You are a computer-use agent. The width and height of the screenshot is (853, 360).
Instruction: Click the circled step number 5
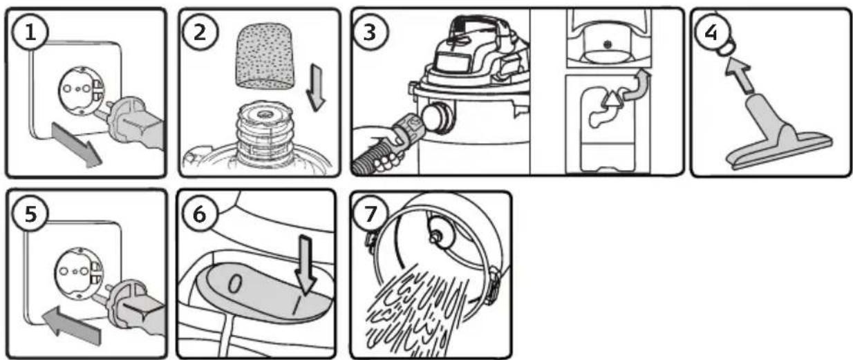30,214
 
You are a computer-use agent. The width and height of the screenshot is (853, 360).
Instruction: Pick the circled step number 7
370,214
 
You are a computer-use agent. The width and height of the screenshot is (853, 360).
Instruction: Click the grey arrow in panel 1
76,144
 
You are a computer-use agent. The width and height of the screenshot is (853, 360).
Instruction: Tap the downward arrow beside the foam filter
316,88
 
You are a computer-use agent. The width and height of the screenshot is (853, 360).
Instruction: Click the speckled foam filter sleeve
265,57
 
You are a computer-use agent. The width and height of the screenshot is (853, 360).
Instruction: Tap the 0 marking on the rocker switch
235,284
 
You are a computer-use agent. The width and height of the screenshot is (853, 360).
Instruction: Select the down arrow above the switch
306,265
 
